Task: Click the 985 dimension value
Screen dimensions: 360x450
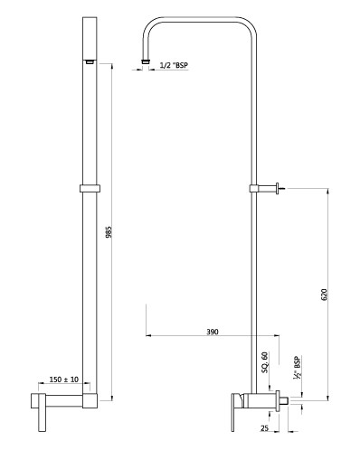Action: [109, 232]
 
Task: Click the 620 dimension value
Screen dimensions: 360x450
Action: [324, 295]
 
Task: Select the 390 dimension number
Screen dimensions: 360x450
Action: [213, 332]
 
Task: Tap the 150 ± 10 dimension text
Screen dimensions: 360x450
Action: [64, 380]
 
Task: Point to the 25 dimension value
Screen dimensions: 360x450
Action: [264, 428]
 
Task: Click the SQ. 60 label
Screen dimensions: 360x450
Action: [265, 362]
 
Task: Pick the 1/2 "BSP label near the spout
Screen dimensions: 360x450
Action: [174, 65]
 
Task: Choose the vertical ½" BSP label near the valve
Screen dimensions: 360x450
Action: [298, 367]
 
